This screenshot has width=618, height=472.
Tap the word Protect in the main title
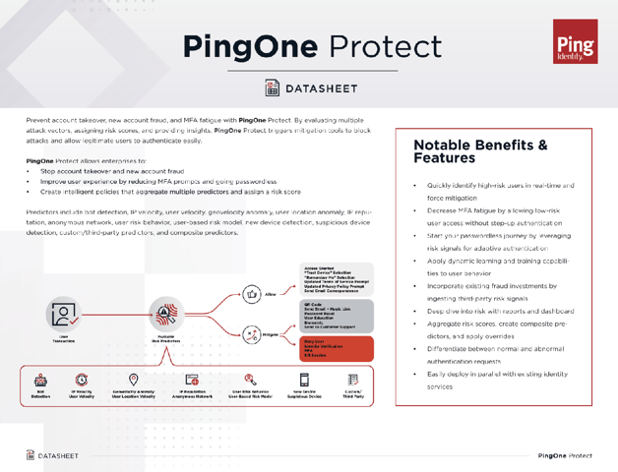tap(386, 45)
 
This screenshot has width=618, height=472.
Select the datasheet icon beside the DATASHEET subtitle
tap(272, 88)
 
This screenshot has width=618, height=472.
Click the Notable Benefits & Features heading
tap(480, 151)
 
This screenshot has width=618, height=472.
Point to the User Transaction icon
tap(65, 315)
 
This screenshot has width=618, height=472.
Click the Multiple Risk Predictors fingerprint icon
tap(165, 315)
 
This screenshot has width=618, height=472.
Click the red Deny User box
tap(338, 348)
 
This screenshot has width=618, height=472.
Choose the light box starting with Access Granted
tap(338, 279)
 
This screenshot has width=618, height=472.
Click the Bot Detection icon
tap(40, 381)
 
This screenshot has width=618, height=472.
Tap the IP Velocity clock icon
tap(82, 381)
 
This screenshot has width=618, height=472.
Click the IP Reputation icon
tap(193, 381)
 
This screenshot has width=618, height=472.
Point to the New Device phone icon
tap(304, 381)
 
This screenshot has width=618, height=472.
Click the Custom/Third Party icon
tap(353, 381)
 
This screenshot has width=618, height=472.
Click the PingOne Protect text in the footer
tap(565, 456)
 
